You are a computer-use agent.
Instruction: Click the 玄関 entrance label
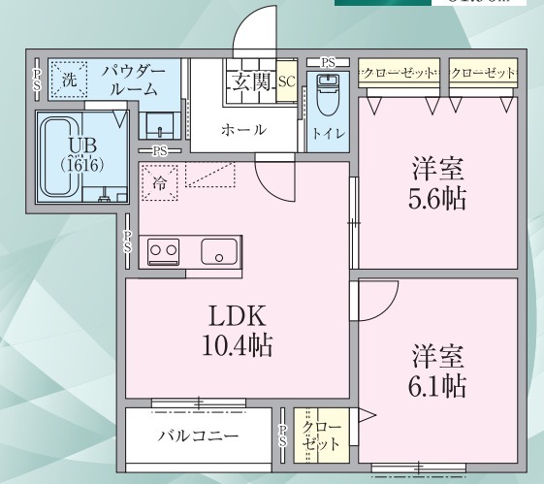pyautogui.click(x=251, y=81)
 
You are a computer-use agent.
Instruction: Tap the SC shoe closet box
pyautogui.click(x=285, y=82)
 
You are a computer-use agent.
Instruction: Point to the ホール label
pyautogui.click(x=242, y=130)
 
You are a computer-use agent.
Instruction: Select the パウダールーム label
pyautogui.click(x=141, y=81)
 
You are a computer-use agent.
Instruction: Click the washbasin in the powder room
pyautogui.click(x=155, y=124)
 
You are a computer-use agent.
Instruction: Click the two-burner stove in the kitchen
pyautogui.click(x=161, y=250)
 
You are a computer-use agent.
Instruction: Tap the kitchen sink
pyautogui.click(x=219, y=251)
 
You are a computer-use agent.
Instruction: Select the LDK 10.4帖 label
pyautogui.click(x=237, y=330)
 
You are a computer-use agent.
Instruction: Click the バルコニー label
pyautogui.click(x=198, y=436)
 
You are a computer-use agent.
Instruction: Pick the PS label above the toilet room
pyautogui.click(x=328, y=62)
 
